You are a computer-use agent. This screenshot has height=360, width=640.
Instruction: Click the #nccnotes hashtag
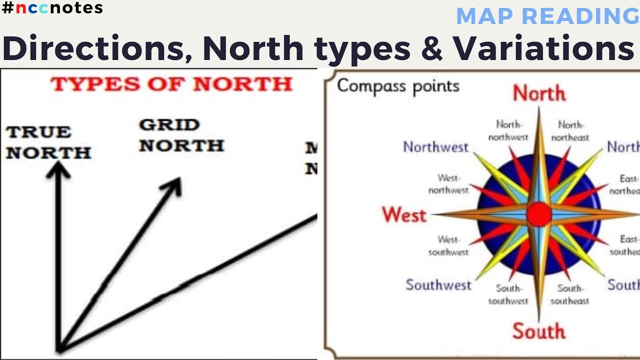(x=52, y=8)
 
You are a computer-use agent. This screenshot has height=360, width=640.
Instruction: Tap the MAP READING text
(x=547, y=16)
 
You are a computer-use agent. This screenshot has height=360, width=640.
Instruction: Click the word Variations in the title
(x=543, y=48)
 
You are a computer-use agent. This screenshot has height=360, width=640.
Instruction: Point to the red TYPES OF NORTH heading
(x=171, y=84)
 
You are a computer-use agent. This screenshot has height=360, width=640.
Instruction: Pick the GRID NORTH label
(x=181, y=135)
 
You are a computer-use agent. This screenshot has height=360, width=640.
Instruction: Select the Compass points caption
(x=398, y=86)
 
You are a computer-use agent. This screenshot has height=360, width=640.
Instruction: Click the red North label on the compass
(x=539, y=93)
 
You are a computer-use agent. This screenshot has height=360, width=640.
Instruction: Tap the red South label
(x=538, y=331)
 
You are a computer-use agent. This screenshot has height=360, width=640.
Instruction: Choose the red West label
(x=404, y=215)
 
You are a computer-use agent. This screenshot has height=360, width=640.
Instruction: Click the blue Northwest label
(x=435, y=147)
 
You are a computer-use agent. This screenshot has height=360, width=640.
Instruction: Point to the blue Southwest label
(x=438, y=285)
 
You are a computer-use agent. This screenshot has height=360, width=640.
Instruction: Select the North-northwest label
(x=508, y=130)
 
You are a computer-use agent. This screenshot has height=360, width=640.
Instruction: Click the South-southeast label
(x=569, y=294)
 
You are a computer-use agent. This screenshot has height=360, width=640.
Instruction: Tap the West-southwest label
(x=448, y=246)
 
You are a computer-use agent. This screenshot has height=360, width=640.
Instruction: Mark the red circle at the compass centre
(x=539, y=214)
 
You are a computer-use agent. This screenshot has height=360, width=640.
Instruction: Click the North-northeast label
(x=570, y=130)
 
